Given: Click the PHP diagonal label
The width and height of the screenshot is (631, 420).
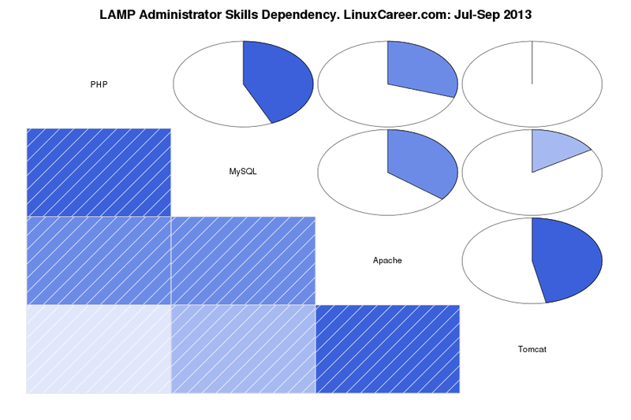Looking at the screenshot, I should click(x=99, y=84).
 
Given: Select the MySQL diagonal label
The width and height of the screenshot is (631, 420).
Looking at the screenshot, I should click(x=243, y=172).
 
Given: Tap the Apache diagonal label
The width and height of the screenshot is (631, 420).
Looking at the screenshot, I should click(x=387, y=260).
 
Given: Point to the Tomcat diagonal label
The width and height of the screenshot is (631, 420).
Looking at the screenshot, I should click(x=532, y=348).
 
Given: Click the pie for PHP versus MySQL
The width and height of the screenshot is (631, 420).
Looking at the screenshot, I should click(x=243, y=84).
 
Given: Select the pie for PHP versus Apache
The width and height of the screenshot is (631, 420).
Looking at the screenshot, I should click(x=387, y=84).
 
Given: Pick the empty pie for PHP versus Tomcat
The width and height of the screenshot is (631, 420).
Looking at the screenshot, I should click(x=532, y=84).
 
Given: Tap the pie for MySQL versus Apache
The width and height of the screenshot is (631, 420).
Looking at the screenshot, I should click(x=387, y=172).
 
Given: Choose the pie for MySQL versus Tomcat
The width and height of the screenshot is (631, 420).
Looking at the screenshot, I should click(x=532, y=172).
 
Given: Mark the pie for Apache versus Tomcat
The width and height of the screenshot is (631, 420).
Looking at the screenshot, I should click(x=532, y=260).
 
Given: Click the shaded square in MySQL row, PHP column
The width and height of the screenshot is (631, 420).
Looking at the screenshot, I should click(x=99, y=172).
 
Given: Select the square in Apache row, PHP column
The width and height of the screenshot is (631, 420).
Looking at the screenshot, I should click(x=99, y=260).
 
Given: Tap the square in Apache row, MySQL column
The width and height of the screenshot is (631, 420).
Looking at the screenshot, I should click(x=243, y=260).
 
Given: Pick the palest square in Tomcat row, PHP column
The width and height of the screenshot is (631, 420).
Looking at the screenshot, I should click(x=99, y=348).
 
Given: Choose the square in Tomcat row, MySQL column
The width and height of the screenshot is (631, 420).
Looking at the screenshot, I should click(x=243, y=348).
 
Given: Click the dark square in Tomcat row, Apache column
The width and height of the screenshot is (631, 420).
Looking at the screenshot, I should click(x=387, y=348).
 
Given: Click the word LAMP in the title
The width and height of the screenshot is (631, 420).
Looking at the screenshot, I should click(x=118, y=15).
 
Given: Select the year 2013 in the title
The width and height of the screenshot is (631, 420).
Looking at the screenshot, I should click(x=517, y=15).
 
